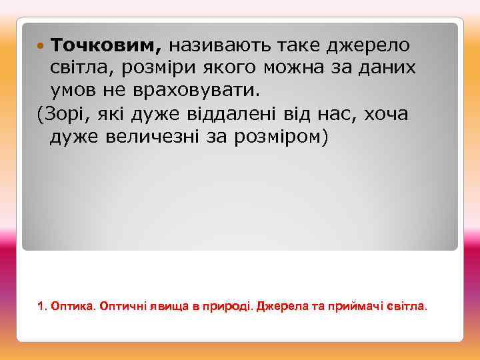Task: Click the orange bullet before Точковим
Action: tap(41, 45)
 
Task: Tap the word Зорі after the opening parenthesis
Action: tap(59, 113)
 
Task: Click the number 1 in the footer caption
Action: tap(41, 307)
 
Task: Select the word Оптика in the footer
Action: tap(71, 307)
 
